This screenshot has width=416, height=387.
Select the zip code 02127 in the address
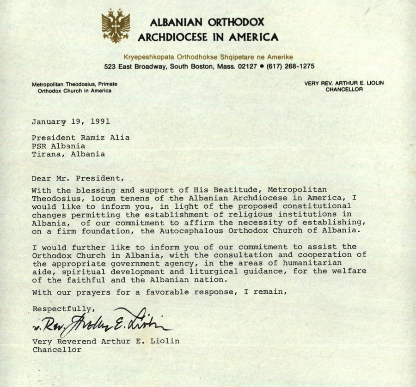247,66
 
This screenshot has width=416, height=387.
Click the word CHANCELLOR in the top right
344,90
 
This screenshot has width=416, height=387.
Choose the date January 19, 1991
71,122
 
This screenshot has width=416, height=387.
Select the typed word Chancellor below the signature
56,350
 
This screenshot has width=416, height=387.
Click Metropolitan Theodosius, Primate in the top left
74,85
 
